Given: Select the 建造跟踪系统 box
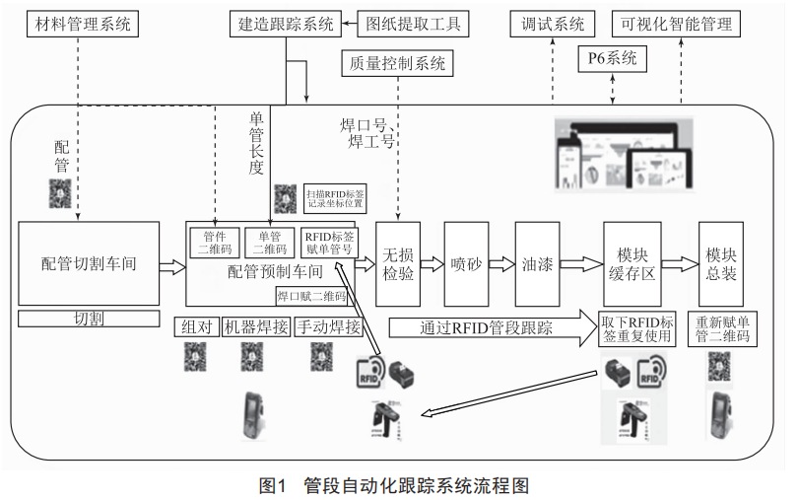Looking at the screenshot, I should [286, 23].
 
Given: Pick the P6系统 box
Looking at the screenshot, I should [611, 60].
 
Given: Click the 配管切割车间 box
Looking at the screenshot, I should [90, 263].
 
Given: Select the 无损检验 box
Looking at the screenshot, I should [397, 263].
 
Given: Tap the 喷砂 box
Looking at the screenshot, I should [466, 263].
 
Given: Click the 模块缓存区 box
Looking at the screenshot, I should [632, 263].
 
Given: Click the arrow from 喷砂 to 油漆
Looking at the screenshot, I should [501, 264].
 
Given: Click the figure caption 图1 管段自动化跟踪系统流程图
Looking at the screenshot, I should [398, 484].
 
